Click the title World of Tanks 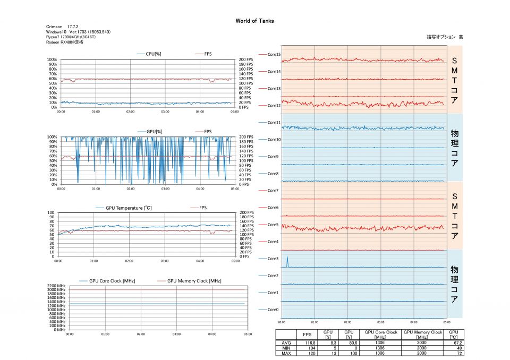[x=254, y=21]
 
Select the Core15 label [x=274, y=55]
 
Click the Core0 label [x=273, y=310]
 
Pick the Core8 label [x=273, y=174]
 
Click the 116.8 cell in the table [x=307, y=344]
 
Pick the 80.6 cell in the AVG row [x=349, y=344]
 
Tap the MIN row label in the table [x=286, y=348]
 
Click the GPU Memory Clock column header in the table [x=422, y=335]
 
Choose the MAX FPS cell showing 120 [x=307, y=353]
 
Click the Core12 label [x=274, y=106]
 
